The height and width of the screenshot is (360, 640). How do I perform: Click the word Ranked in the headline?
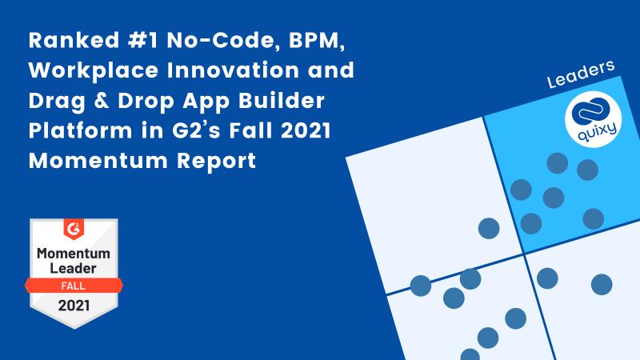pos(74,41)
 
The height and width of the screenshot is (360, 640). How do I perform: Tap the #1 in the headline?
pos(143,41)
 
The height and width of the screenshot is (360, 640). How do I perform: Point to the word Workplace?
pos(94,70)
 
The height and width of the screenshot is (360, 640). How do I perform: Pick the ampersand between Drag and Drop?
pos(102,101)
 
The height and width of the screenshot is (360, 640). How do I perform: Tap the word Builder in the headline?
pos(282,101)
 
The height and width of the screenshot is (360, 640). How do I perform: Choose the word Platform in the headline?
pos(81,130)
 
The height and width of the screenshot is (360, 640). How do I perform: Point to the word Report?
pos(216,162)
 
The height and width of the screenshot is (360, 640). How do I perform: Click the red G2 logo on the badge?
pos(74,229)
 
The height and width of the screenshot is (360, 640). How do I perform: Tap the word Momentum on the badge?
pos(74,254)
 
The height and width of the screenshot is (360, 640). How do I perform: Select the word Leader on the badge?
pos(73,269)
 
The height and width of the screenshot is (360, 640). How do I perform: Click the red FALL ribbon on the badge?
pos(74,286)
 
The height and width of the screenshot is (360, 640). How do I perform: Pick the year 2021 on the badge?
pos(74,306)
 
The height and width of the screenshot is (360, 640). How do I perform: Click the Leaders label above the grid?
pos(581,74)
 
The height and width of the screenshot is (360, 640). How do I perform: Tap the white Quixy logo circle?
pos(593,119)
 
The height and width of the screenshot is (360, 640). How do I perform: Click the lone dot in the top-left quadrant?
pos(489,228)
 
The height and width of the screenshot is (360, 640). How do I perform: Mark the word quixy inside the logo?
pos(597,131)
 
